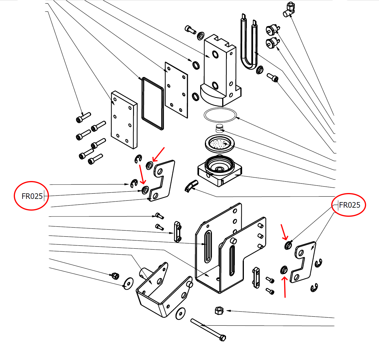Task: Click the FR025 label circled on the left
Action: [32, 196]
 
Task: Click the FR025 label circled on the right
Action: [349, 205]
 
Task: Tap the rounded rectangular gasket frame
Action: [152, 103]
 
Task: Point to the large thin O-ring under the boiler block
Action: [220, 114]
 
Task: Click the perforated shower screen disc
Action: [220, 144]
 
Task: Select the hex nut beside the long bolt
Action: [219, 310]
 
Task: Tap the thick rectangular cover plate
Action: [124, 120]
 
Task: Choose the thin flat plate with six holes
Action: [176, 90]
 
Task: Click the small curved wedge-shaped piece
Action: [191, 185]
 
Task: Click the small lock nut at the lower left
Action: [115, 275]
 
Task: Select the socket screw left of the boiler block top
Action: [191, 29]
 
